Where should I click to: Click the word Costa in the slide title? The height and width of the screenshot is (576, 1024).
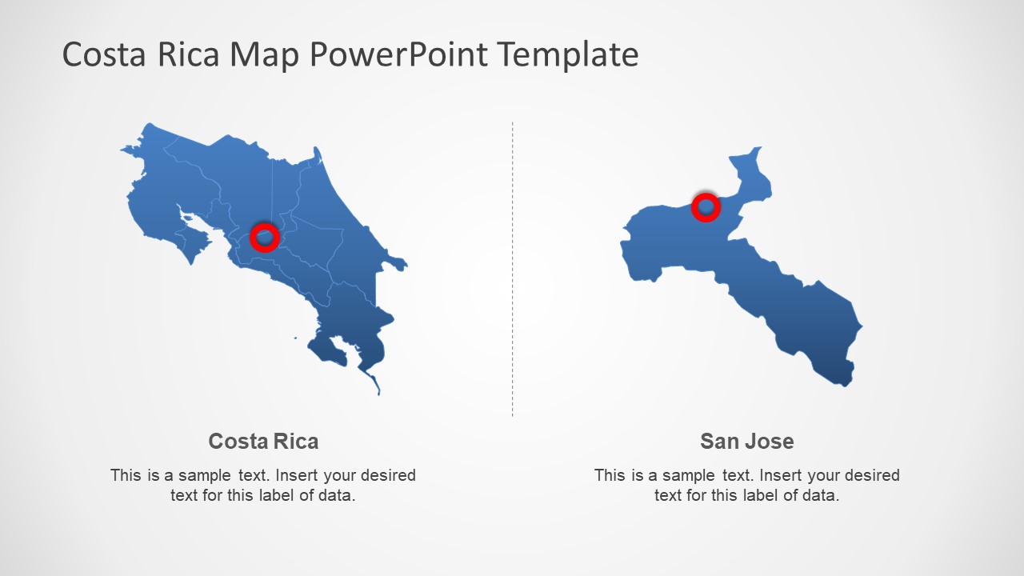click(x=102, y=55)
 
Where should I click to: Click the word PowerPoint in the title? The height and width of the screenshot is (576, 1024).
click(x=397, y=55)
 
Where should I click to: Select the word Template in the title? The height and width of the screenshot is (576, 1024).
click(x=567, y=55)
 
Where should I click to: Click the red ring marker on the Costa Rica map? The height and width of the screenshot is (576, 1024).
click(x=265, y=238)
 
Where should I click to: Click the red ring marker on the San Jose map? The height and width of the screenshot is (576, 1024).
click(x=706, y=207)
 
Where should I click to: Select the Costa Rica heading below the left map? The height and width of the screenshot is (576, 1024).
click(x=263, y=441)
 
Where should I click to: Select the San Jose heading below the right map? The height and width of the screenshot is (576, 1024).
click(x=746, y=441)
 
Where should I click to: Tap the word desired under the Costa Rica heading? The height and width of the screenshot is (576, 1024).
click(x=386, y=475)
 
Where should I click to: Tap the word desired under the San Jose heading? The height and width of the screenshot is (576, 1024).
click(x=870, y=475)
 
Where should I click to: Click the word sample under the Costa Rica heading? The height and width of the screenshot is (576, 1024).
click(x=204, y=475)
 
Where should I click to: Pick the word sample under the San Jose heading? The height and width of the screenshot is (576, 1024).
click(x=688, y=475)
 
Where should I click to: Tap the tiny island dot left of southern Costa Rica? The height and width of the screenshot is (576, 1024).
click(x=295, y=338)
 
